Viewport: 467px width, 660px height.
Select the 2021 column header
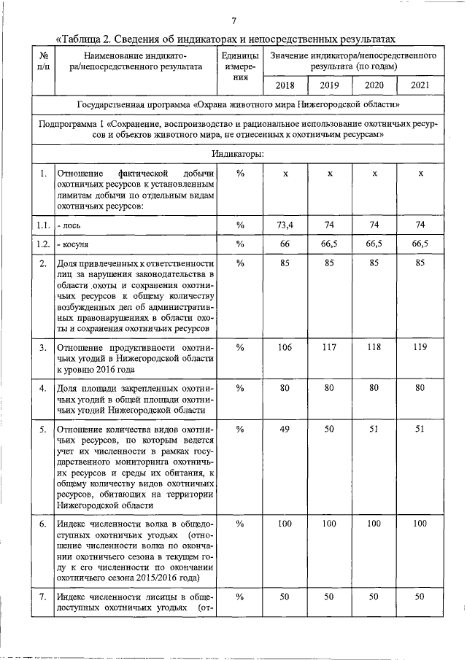420,86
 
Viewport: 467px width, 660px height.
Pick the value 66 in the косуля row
286,243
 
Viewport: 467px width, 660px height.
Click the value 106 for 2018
286,347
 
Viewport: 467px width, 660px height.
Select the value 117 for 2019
330,347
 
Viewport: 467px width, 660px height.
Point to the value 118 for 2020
374,347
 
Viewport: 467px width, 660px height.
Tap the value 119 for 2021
420,347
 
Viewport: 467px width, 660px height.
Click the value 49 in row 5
286,430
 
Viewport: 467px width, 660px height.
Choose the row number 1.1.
44,225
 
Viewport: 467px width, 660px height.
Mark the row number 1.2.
44,244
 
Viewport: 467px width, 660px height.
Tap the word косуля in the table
76,244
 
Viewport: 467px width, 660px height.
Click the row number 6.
44,524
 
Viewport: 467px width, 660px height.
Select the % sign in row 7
239,597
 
